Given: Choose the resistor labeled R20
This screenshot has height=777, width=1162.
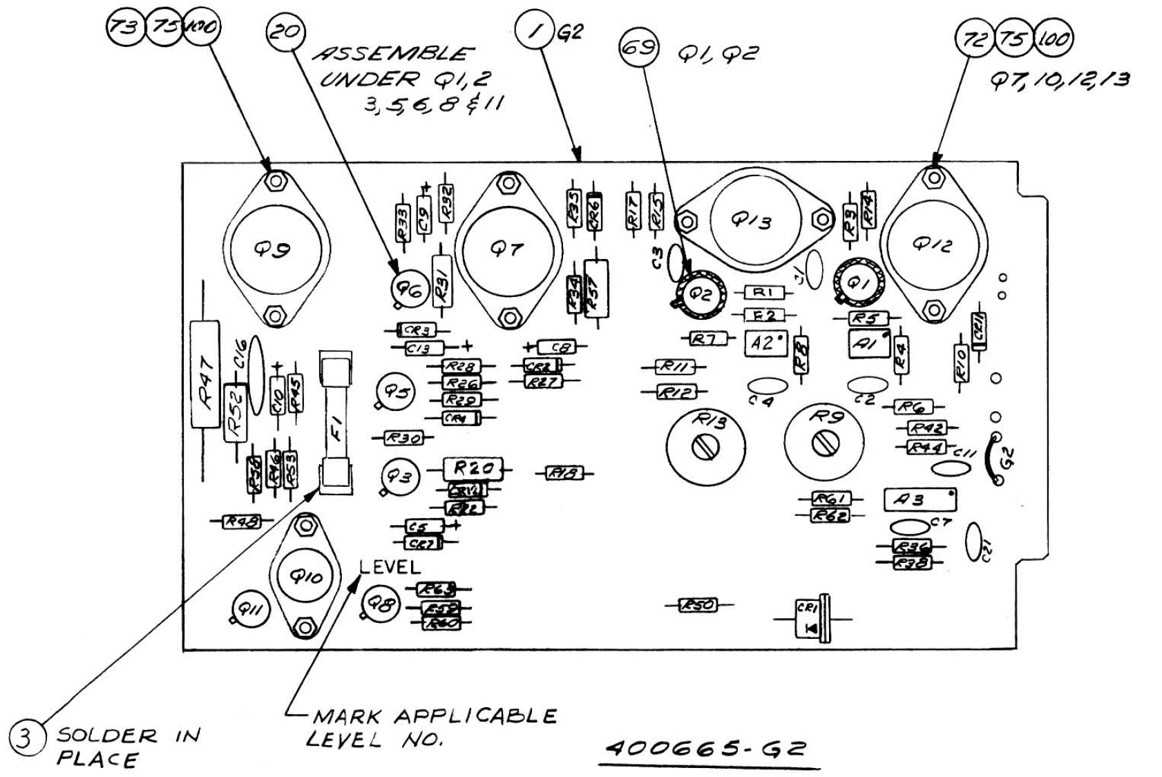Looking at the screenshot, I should (x=473, y=469).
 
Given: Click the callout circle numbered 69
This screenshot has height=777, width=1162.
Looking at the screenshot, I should (x=638, y=48).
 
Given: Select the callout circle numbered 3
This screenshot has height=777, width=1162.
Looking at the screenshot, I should (x=26, y=738).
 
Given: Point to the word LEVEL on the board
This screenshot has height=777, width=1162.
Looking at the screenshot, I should (x=390, y=567).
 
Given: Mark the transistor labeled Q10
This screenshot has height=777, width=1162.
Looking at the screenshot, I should (x=304, y=577).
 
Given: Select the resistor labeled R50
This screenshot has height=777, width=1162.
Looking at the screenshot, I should (x=699, y=606).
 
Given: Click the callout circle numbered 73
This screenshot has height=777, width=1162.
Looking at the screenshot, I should (x=125, y=28).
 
